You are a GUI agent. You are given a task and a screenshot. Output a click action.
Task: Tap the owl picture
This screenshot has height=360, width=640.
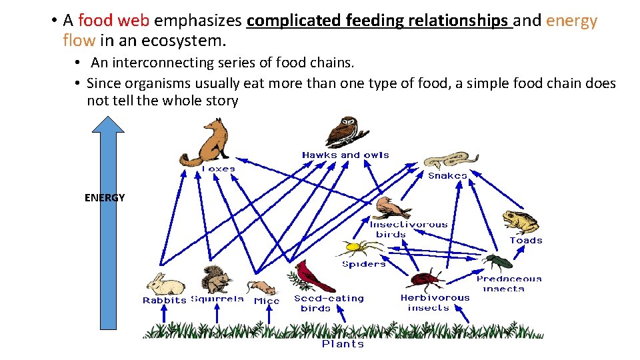[346, 131]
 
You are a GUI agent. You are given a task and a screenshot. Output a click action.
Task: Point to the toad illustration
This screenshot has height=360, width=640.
[521, 221]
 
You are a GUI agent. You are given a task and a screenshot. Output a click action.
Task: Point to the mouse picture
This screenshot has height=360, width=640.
[261, 287]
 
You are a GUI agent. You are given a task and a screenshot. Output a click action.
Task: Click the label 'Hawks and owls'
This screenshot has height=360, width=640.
[345, 155]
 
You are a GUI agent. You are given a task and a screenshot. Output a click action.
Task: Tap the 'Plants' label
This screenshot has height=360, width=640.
[343, 344]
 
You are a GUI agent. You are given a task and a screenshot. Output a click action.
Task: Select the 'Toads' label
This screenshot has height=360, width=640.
[526, 240]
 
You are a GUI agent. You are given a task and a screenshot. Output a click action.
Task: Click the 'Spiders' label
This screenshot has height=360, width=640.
[363, 264]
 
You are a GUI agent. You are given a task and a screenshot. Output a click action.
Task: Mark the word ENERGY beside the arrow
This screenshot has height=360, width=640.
[105, 197]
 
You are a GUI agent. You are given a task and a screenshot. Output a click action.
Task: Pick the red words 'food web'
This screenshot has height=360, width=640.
[123, 21]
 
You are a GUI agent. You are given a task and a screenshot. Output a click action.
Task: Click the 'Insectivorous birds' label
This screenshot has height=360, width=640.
[408, 229]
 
